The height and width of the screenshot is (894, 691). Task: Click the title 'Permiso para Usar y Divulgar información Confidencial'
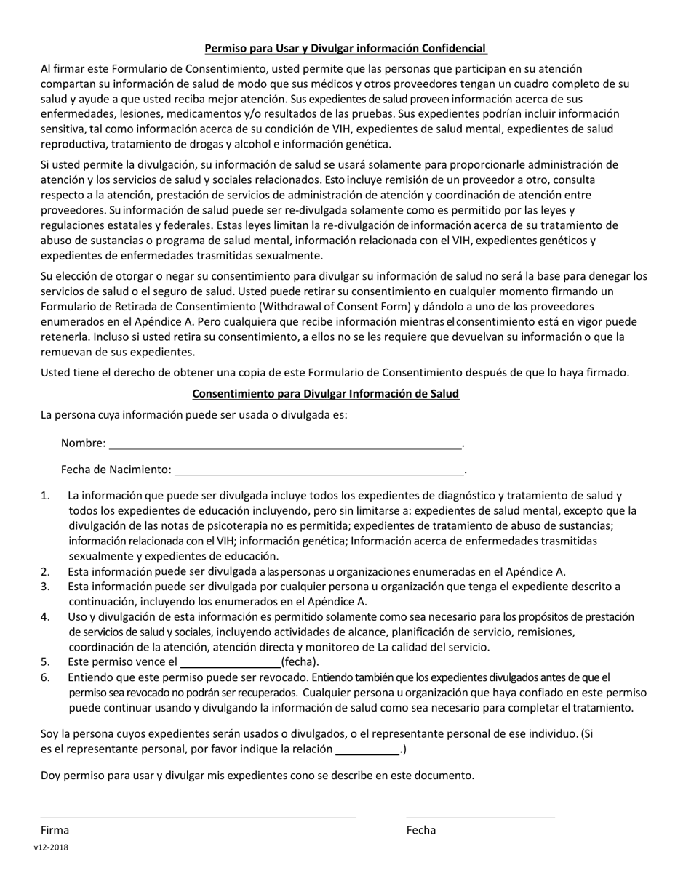345,49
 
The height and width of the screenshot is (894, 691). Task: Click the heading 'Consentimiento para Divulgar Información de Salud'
325,394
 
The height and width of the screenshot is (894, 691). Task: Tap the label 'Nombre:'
83,443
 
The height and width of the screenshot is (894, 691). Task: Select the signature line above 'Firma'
198,817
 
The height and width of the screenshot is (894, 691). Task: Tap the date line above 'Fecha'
480,817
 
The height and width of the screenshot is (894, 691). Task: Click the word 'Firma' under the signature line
55,830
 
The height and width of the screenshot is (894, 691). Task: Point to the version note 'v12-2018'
51,847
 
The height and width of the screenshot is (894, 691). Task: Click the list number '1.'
46,496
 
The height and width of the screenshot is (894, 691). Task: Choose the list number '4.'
46,617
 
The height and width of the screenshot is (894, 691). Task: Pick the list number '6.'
46,677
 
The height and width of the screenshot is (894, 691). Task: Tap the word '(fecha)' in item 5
300,662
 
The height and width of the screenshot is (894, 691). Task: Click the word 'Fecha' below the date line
421,830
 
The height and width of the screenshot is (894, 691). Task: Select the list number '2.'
46,572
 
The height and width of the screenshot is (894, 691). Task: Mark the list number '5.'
46,662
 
